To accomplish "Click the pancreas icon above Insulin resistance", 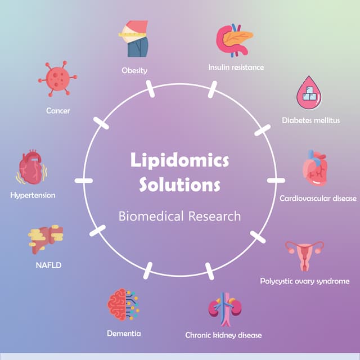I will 234,40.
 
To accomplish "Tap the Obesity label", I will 134,70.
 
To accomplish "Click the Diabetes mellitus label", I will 310,120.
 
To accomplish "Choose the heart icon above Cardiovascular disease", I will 315,168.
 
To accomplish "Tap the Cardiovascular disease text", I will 318,198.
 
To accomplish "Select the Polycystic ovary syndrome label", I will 304,281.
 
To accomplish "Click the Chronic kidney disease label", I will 223,335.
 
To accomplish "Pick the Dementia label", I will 124,334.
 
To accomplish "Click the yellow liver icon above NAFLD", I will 46,239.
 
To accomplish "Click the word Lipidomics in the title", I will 179,160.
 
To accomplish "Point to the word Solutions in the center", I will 179,184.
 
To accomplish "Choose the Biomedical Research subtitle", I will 179,216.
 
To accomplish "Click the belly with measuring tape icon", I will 134,38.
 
